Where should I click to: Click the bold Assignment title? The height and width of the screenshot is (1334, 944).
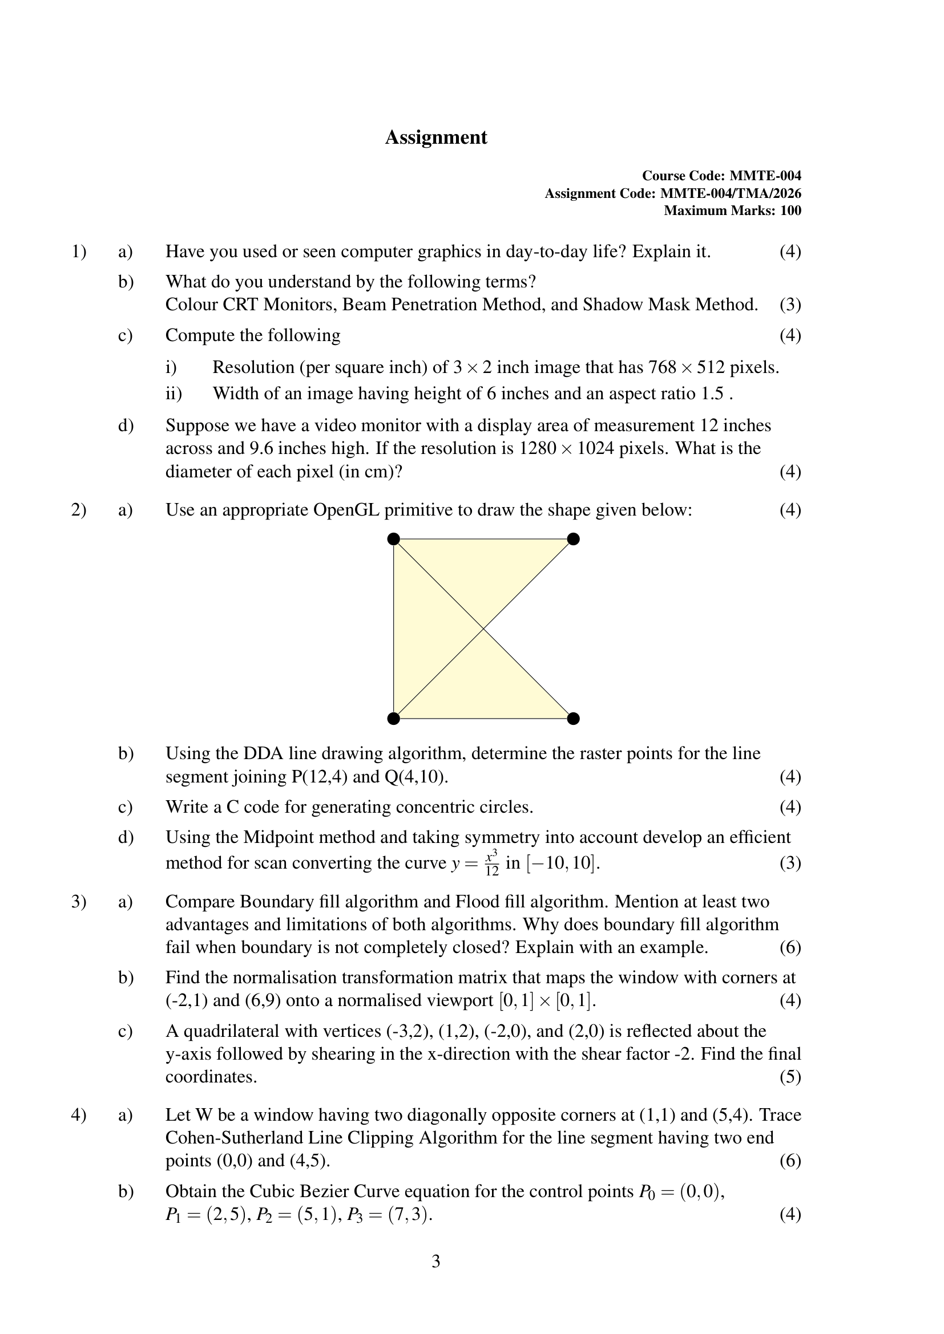436,137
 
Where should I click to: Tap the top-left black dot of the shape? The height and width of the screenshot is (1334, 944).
394,539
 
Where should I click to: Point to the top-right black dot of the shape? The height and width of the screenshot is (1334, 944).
573,539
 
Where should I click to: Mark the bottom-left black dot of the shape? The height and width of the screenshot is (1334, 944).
394,719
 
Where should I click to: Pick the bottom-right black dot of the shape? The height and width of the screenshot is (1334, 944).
573,719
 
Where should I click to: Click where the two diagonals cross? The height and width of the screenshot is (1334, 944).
483,629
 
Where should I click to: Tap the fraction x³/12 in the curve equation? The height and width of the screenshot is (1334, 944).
492,863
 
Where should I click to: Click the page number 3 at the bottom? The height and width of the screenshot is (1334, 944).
436,1262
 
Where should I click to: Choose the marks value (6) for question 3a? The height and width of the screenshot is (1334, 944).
790,948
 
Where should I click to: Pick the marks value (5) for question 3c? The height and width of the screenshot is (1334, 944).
790,1077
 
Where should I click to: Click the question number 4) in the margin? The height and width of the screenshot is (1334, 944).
78,1115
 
